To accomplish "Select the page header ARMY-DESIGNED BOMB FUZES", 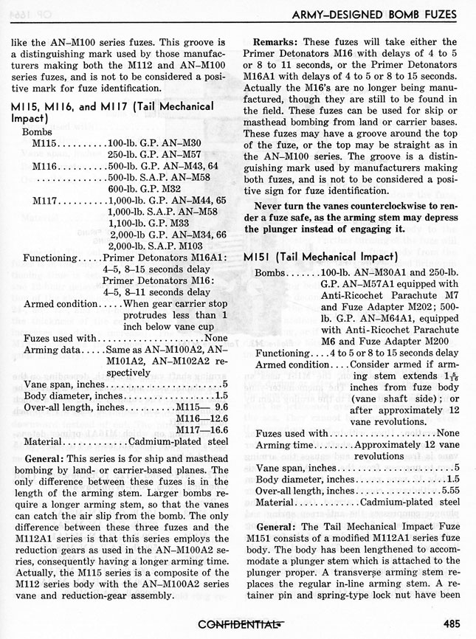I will click(376, 14).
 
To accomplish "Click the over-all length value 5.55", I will click(449, 491).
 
